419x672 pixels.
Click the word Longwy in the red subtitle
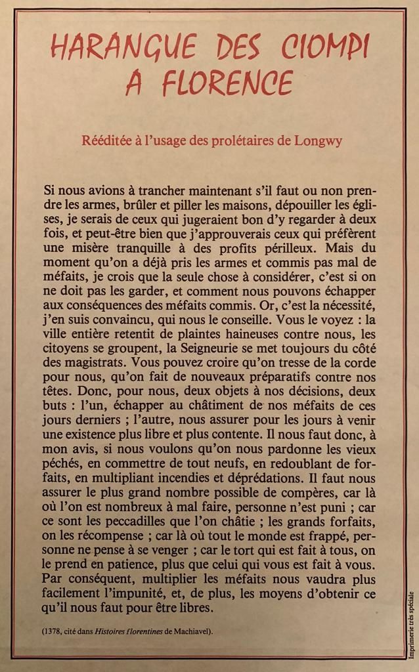(x=319, y=141)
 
